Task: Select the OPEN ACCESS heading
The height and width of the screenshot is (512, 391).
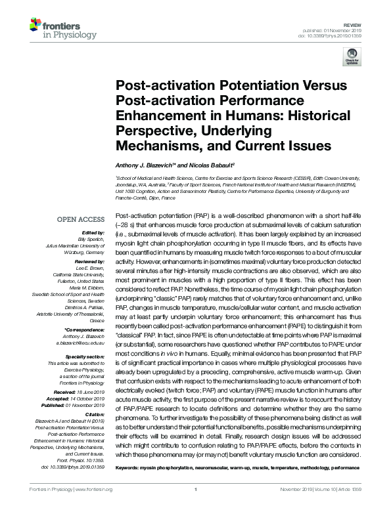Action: point(81,219)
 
